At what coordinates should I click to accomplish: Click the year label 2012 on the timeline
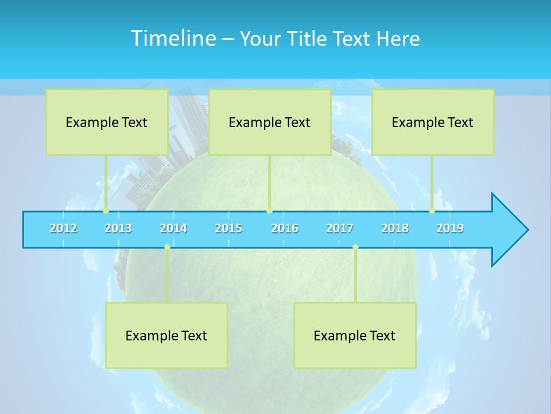tap(63, 228)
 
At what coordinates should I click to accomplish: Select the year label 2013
tap(118, 228)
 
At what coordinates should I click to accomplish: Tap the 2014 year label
tap(173, 228)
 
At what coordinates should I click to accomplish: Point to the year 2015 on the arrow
tap(228, 228)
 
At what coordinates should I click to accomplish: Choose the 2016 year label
tap(285, 228)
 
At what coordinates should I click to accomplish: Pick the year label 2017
tap(340, 228)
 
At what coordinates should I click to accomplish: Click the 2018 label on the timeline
tap(395, 228)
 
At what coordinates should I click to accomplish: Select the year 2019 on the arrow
tap(450, 228)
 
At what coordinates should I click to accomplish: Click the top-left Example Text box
tap(107, 122)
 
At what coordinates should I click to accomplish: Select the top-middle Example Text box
tap(270, 122)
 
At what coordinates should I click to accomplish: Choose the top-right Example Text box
tap(433, 122)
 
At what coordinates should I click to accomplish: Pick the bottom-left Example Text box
tap(166, 335)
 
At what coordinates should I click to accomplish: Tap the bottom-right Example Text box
tap(355, 335)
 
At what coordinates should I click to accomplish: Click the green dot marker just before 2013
tap(106, 211)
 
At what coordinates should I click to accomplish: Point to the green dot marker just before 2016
tap(269, 211)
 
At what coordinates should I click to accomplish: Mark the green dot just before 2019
tap(432, 211)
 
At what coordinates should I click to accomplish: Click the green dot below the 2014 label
tap(167, 247)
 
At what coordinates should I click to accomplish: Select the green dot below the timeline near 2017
tap(355, 247)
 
